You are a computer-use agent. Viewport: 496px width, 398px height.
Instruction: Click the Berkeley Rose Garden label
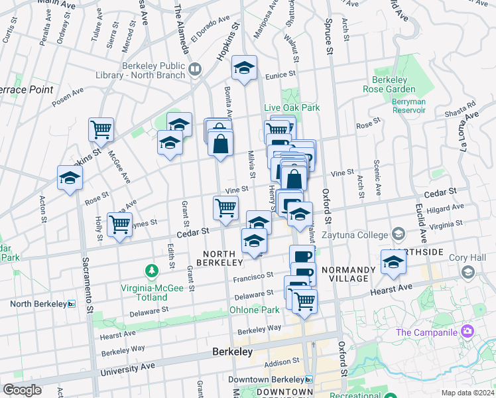coord(389,84)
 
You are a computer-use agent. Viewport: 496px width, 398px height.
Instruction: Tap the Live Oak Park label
coord(292,107)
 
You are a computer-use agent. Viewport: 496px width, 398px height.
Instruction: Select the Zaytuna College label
coord(356,235)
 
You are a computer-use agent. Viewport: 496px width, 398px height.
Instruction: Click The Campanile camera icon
coord(467,330)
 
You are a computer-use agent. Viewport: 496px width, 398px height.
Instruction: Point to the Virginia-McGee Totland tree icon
coord(153,271)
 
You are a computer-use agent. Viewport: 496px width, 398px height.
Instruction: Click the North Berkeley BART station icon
coord(72,304)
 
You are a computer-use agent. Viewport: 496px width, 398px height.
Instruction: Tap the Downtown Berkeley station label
coord(265,380)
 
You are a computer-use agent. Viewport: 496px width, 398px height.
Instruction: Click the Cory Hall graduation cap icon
coord(468,272)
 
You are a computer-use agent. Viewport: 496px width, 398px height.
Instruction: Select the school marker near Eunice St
coord(244,68)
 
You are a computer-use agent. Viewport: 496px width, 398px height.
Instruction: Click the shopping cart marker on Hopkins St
coord(101,130)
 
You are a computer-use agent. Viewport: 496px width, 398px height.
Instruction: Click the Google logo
coord(23,389)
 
